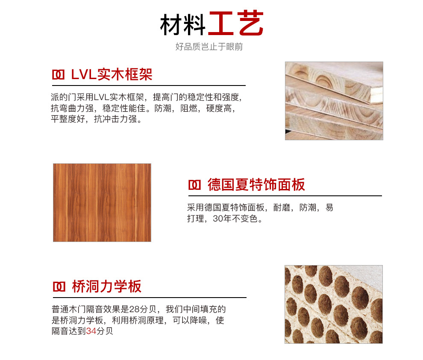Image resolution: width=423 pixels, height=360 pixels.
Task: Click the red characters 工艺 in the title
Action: [x=236, y=23]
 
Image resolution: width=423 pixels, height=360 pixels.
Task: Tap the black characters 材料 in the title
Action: [x=183, y=24]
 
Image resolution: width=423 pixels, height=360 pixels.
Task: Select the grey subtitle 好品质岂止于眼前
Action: [x=209, y=47]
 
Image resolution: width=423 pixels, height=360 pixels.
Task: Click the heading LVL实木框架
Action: [x=112, y=74]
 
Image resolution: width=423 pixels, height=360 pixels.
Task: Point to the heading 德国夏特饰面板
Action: [x=256, y=185]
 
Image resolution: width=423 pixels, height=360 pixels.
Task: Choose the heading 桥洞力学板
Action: [x=107, y=286]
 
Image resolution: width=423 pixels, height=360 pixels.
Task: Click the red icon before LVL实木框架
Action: [x=58, y=75]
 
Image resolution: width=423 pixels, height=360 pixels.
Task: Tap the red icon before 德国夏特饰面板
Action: [x=194, y=185]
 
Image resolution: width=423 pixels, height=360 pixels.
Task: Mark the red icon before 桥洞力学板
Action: [x=59, y=287]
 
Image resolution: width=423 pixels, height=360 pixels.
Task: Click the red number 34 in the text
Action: [x=91, y=331]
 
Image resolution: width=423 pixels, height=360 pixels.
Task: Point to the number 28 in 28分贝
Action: [x=135, y=309]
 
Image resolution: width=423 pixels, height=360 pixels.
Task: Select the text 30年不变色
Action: [x=235, y=218]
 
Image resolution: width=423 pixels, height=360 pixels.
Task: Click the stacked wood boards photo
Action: [x=334, y=101]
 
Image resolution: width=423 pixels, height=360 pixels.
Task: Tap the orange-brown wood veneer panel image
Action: [x=102, y=203]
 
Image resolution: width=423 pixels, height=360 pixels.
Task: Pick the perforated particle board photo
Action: [x=334, y=304]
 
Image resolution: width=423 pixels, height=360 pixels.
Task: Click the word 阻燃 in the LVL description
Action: [x=189, y=108]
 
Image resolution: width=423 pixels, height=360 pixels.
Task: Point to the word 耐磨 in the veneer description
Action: [x=282, y=207]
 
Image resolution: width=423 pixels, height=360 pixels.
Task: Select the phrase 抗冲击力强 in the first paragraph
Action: [x=115, y=119]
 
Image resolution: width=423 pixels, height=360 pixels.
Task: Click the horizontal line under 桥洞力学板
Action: [x=150, y=298]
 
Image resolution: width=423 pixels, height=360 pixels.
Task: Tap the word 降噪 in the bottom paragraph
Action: [x=198, y=320]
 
